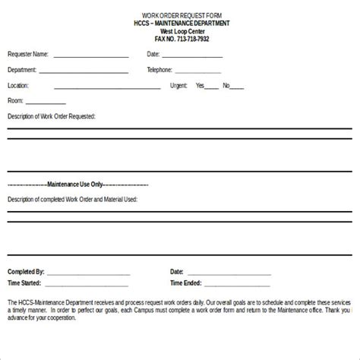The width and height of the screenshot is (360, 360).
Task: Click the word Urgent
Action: pos(180,86)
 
